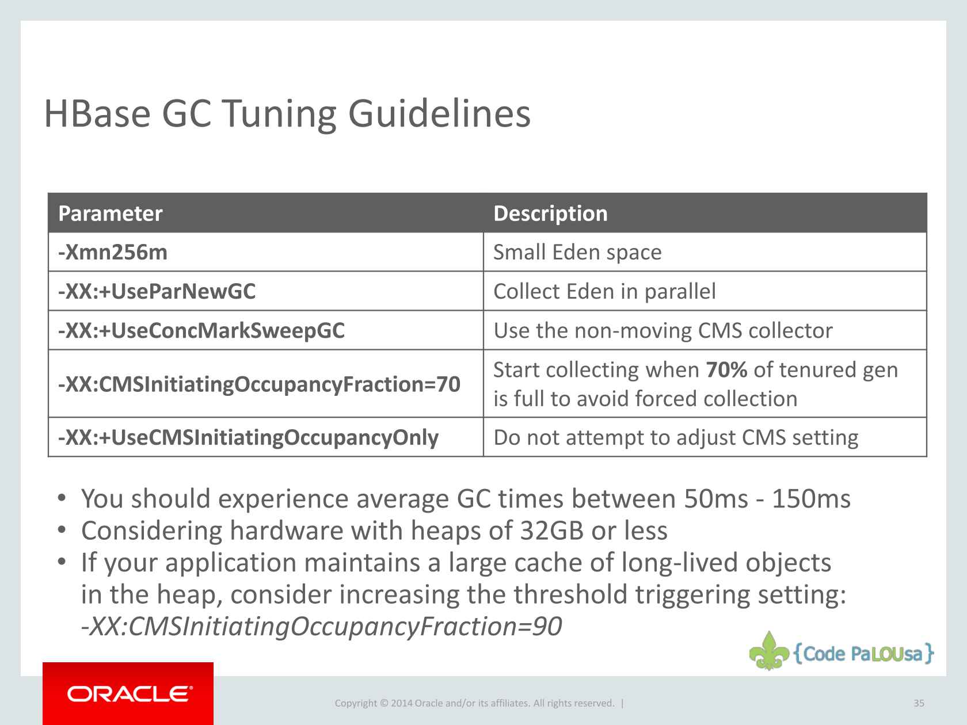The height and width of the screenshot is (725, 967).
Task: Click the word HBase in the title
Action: pos(97,113)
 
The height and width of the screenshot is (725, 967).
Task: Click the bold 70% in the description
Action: pos(726,370)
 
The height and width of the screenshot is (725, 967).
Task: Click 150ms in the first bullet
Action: pos(811,499)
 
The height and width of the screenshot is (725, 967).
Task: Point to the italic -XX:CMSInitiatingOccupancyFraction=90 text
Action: pos(322,626)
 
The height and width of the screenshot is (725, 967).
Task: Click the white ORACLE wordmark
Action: pos(130,694)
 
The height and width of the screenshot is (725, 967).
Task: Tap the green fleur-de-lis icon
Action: pos(769,651)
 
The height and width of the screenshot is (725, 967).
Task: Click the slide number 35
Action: pos(919,703)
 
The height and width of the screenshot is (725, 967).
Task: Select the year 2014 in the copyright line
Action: pos(401,703)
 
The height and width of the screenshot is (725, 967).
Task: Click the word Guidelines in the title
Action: pos(439,113)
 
